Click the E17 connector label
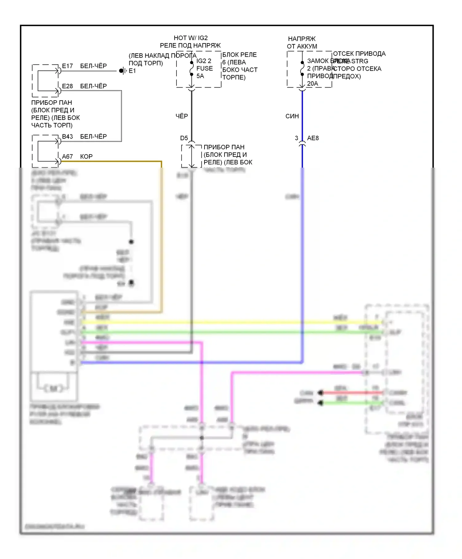67,66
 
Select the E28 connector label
67,86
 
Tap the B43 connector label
67,137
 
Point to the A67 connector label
67,157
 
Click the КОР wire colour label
86,157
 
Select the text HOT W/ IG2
191,38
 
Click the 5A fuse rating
200,76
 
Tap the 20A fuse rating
312,84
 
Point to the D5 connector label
184,138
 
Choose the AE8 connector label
313,138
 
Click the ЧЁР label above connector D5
182,116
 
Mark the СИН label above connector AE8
292,116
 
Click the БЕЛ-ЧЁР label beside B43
93,137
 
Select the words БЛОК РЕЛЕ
239,55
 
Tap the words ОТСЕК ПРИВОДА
359,54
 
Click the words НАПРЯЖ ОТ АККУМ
302,43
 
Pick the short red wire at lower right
351,393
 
